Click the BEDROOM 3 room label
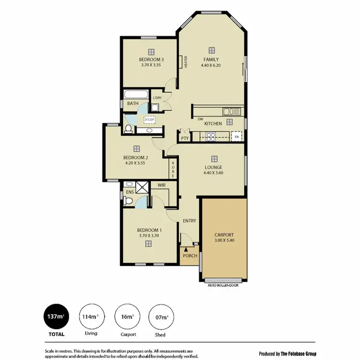151,60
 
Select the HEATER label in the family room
186,62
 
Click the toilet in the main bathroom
127,128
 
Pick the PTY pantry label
185,138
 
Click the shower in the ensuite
142,187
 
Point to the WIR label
161,185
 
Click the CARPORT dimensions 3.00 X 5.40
224,240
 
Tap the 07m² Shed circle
162,317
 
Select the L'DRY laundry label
157,98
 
